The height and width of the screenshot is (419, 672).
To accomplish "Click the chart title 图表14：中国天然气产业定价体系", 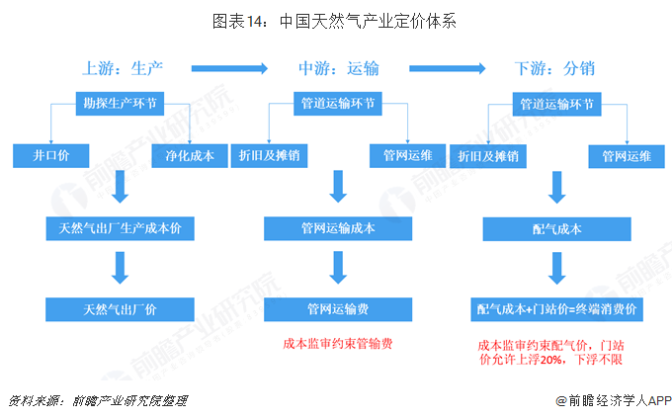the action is pos(334,21).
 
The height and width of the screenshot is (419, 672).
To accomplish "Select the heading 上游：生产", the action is pos(123,68).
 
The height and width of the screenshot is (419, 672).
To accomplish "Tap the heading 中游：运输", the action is pos(339,68).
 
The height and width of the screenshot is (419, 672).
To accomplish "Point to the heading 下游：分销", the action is pos(554,68).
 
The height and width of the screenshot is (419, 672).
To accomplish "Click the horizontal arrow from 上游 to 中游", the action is pos(229,68).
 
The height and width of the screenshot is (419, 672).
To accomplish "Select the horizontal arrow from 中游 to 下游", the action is pos(448,68).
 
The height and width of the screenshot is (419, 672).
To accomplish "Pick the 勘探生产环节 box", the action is pos(120,104).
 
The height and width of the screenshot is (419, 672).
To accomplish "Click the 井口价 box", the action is pos(51,155).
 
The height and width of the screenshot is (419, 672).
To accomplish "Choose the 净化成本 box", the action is pos(190,155).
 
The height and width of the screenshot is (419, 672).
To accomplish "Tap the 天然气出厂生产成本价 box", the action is pos(120,228).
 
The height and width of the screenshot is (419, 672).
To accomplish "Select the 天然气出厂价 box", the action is pos(120,309).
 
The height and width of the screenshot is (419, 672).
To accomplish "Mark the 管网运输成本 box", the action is pos(338,228).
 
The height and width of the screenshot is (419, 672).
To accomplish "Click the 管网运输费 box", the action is pos(338,309).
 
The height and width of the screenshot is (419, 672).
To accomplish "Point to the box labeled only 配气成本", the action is pos(557,229).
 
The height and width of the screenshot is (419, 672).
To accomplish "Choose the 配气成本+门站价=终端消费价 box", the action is pos(557,309).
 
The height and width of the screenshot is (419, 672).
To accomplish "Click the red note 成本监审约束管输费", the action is pos(338,344).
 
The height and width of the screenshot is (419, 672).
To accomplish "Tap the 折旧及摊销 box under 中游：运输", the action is pos(269,155).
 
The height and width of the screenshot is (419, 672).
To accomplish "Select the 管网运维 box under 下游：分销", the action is pos(627,156).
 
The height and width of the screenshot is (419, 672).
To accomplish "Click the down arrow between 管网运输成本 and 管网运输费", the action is pos(338,268).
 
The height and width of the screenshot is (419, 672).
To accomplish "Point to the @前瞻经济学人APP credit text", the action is pos(614,400).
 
